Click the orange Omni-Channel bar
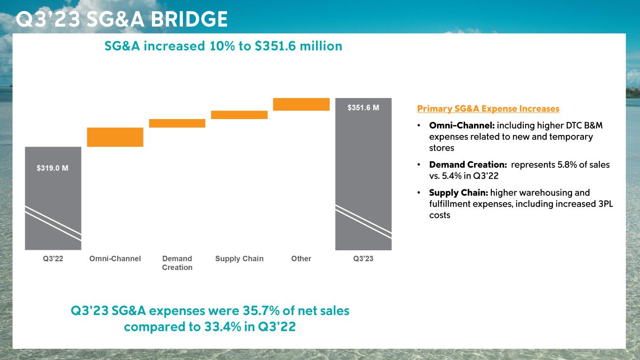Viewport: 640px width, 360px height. tap(115, 137)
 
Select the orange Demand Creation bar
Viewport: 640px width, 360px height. tap(177, 123)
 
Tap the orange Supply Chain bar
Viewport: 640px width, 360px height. tap(239, 115)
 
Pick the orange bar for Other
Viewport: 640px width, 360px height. tap(301, 104)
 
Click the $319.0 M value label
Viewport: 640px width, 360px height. tap(53, 167)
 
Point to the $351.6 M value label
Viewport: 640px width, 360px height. tap(363, 108)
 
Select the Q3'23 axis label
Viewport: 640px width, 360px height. tap(363, 259)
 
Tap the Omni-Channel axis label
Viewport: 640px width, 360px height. tap(115, 259)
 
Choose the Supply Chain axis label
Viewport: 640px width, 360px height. tap(239, 259)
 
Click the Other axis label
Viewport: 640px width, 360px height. tap(301, 259)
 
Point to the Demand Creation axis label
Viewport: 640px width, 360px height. tap(177, 263)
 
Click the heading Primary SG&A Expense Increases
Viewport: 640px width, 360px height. tap(488, 109)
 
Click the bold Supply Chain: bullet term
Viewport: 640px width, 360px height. tap(459, 193)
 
